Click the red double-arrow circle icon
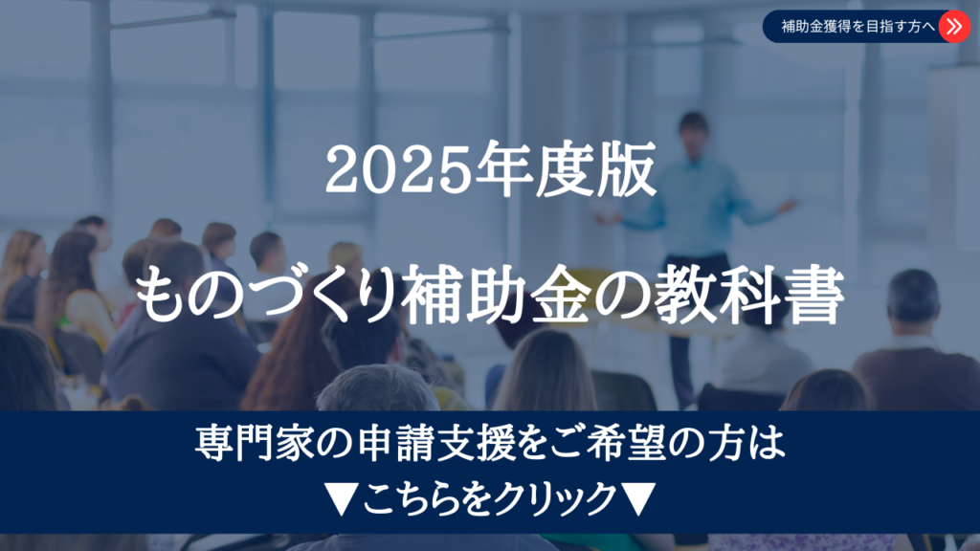[x=954, y=26]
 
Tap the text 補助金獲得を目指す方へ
[x=858, y=27]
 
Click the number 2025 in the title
[x=398, y=171]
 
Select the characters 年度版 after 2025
[x=566, y=169]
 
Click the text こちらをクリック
[x=489, y=498]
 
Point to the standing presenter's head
[x=693, y=131]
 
